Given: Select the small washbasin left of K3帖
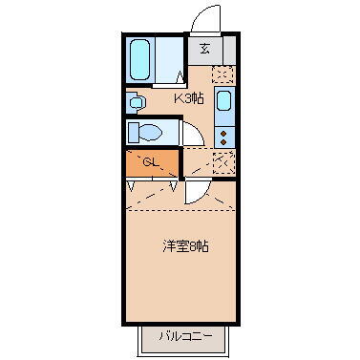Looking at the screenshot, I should pyautogui.click(x=135, y=98).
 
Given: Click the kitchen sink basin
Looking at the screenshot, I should pyautogui.click(x=223, y=100).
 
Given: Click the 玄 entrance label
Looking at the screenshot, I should pyautogui.click(x=203, y=49).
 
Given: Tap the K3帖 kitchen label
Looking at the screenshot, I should pyautogui.click(x=187, y=98).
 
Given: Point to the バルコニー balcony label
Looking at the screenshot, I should pyautogui.click(x=179, y=336).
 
